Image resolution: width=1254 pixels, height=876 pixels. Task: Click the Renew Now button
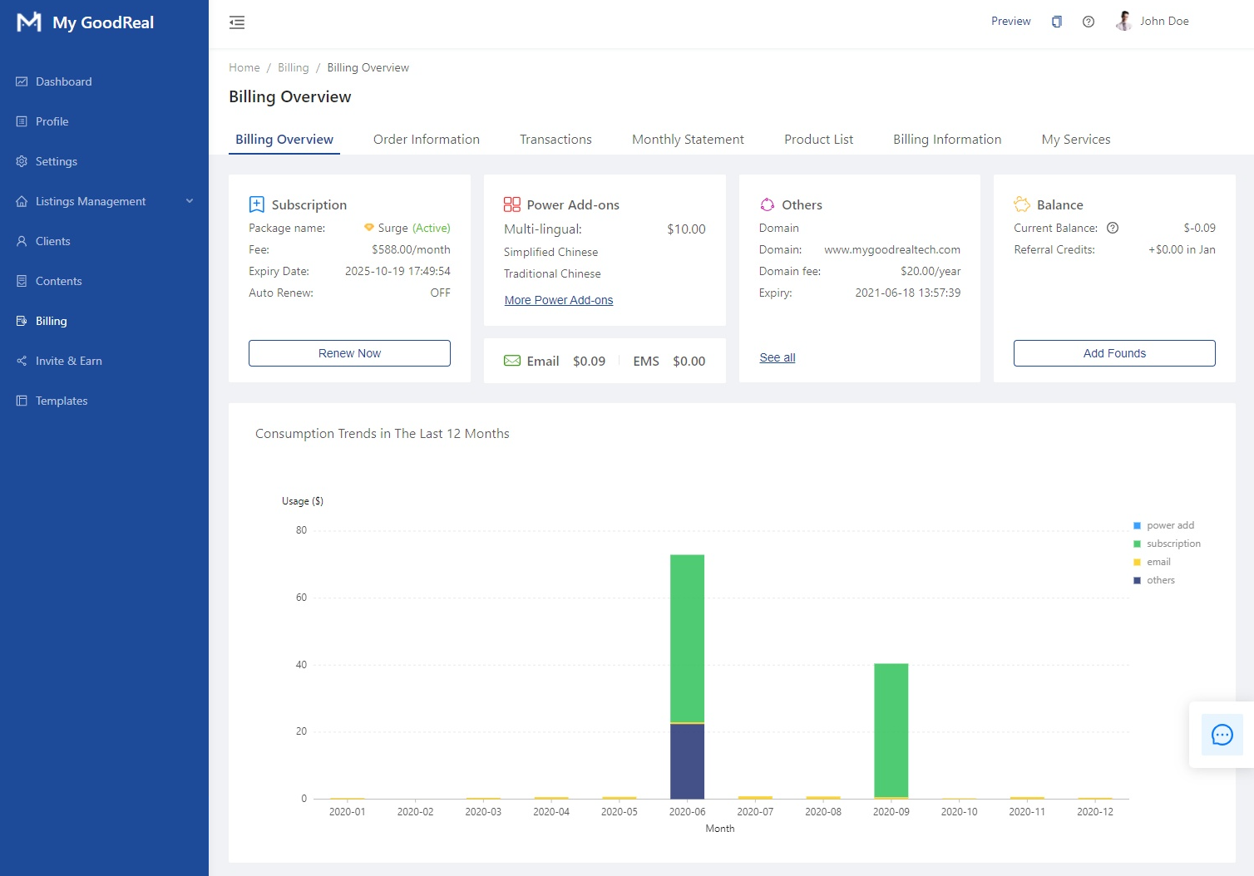point(349,353)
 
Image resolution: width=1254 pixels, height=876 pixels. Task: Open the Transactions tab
point(555,140)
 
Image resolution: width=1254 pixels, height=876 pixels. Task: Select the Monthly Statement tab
point(688,140)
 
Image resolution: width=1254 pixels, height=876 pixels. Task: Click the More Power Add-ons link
point(558,300)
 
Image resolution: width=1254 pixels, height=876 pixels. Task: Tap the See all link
point(777,357)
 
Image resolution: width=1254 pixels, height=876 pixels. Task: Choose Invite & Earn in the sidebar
point(68,361)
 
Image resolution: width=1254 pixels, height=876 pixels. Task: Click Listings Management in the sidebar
point(91,201)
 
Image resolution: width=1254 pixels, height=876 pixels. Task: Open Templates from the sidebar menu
point(62,401)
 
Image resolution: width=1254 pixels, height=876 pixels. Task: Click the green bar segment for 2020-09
point(891,729)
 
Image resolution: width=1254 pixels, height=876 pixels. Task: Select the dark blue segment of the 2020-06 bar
point(687,761)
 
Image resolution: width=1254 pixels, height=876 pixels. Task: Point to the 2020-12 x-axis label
point(1094,812)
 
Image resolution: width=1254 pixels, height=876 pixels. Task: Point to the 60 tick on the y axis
point(301,598)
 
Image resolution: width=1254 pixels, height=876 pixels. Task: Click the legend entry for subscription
point(1173,544)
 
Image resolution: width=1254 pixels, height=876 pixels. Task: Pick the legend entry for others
point(1160,580)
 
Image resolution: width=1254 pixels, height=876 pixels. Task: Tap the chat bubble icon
point(1222,735)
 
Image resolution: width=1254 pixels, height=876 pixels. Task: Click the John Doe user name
point(1163,22)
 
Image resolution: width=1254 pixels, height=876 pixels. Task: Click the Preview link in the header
point(1010,22)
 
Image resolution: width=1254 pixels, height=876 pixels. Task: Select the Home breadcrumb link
point(244,68)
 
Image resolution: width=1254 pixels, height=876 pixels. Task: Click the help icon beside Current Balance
point(1113,228)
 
